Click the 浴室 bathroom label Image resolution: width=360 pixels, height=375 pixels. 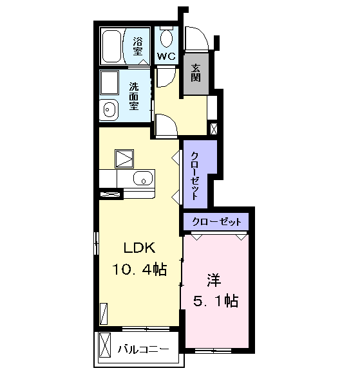138,46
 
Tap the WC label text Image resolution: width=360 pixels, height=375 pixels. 166,57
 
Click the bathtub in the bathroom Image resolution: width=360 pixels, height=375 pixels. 111,46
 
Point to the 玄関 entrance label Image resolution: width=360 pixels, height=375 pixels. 196,73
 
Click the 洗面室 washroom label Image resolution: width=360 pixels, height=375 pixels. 134,96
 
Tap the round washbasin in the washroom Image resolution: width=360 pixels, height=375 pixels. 109,110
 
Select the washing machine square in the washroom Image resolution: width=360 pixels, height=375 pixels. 109,82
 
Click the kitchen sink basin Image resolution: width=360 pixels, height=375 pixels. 143,178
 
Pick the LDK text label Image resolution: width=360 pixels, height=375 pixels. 139,248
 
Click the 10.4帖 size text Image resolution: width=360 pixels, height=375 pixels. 139,269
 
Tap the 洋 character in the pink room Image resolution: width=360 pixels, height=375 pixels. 214,280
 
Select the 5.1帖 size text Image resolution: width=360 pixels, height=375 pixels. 216,300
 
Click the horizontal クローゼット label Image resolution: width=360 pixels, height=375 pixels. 216,222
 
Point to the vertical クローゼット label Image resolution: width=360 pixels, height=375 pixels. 194,176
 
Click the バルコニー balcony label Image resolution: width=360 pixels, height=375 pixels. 143,350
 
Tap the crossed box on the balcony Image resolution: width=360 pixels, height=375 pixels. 105,345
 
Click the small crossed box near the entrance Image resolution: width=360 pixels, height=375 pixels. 214,129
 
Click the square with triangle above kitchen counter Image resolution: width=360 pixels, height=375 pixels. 124,159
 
